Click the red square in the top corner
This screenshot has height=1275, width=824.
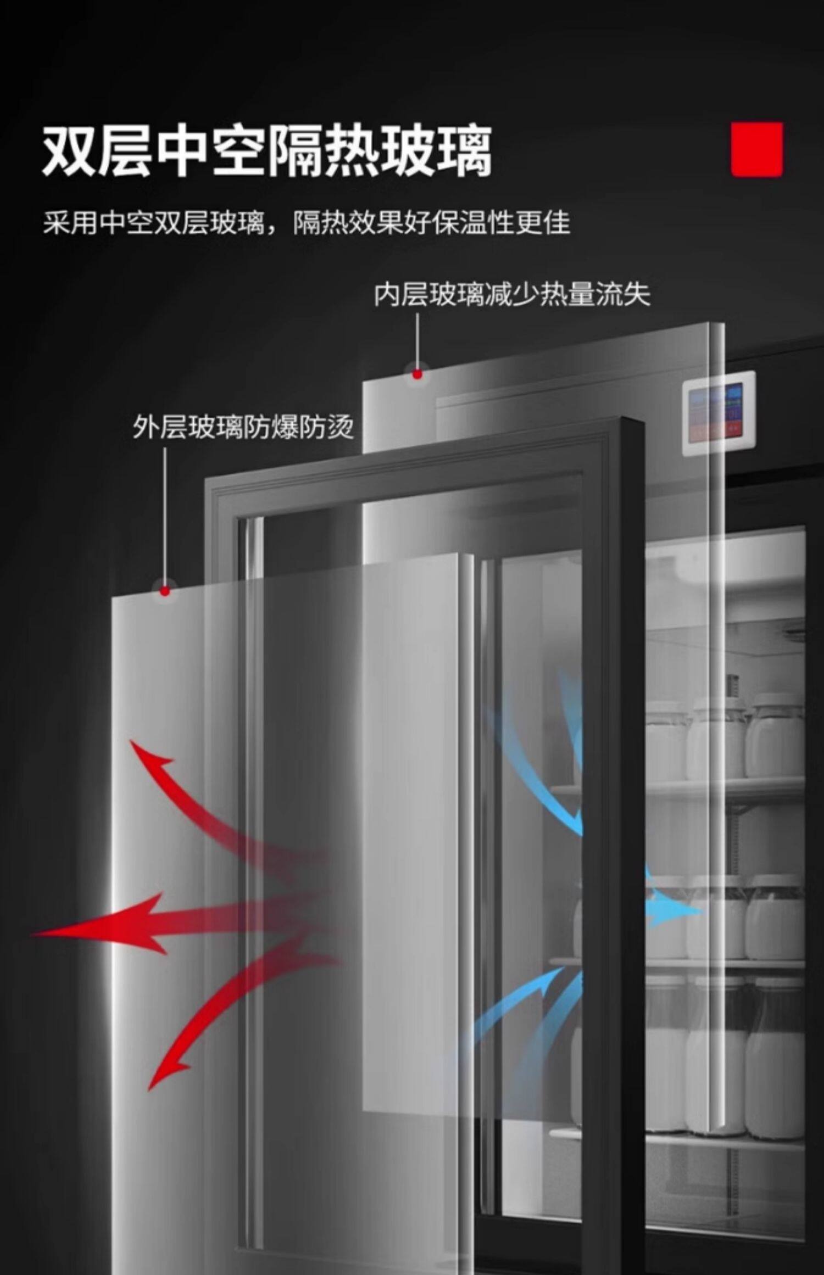[757, 149]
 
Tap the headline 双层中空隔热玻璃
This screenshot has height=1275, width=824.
[267, 151]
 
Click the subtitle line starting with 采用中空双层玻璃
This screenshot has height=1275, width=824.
[307, 223]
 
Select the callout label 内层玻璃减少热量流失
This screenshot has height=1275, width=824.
[512, 295]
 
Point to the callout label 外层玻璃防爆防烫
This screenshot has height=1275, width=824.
[243, 427]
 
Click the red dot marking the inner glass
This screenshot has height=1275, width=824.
[417, 374]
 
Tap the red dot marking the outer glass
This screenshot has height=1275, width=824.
[165, 591]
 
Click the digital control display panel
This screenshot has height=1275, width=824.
[719, 412]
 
